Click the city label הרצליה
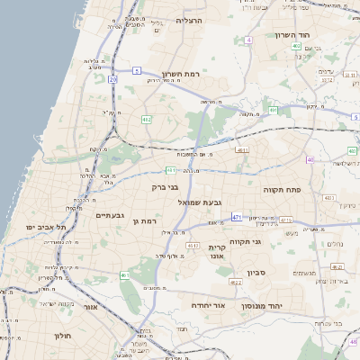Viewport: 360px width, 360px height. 190,20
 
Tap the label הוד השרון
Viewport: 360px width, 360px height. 292,35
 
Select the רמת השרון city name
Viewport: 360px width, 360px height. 180,74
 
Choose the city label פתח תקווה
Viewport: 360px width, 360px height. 281,191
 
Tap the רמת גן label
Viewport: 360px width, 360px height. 144,220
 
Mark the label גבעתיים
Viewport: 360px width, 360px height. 108,215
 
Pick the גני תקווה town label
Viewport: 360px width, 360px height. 244,240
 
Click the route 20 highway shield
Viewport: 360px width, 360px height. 112,80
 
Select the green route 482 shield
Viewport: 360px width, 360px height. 146,118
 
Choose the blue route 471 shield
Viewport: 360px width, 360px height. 237,217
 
